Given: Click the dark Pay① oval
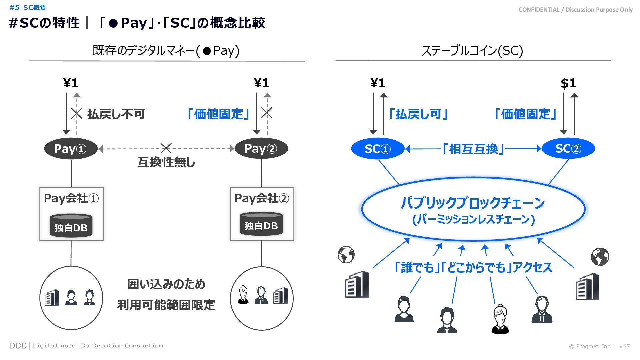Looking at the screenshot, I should [71, 149].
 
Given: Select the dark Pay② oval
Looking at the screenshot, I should [261, 149].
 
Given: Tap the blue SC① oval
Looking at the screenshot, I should [378, 149].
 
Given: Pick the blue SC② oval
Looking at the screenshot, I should [568, 149].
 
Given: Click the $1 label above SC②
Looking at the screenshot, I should [568, 83].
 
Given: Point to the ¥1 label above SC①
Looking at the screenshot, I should [378, 83].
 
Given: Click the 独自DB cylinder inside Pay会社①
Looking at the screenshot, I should [71, 226].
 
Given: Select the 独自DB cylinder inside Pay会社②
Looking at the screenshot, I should [261, 224].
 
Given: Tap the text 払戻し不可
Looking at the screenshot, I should [116, 114].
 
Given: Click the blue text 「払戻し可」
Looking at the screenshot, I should [418, 114].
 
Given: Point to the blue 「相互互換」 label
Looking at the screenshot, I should [473, 149].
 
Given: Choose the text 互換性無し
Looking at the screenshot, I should [166, 162].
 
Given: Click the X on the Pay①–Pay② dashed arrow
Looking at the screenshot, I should [166, 148].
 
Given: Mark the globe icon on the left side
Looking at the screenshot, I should [346, 255].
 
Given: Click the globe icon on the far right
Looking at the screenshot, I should [600, 257].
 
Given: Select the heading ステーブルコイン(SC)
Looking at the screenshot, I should [472, 51].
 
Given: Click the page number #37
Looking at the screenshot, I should [624, 346].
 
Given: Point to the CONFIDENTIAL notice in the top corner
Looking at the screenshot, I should [575, 10].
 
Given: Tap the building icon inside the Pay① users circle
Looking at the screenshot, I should [52, 298].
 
